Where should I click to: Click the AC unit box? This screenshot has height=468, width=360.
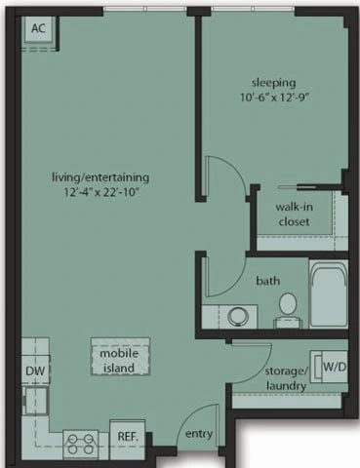click(38, 29)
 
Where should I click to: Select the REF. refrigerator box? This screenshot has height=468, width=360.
click(127, 436)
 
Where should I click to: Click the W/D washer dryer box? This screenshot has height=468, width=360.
click(334, 367)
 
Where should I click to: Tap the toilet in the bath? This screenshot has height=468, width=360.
click(287, 307)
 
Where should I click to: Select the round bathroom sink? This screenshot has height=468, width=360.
click(237, 316)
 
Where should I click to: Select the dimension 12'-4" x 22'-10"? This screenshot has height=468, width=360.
click(101, 194)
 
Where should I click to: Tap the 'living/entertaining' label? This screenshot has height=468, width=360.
click(101, 177)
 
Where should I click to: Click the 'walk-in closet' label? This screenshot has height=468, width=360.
click(292, 214)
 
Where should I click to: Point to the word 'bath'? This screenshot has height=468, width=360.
click(268, 281)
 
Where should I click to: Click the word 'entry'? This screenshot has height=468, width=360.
click(198, 434)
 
